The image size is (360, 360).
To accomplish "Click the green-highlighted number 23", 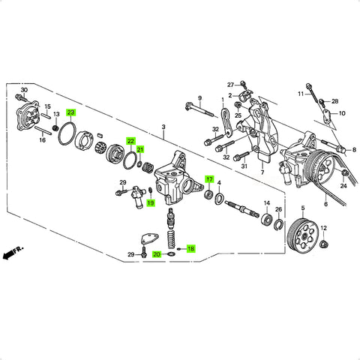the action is click(70, 112).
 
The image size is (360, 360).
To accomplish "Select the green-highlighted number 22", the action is click(131, 141).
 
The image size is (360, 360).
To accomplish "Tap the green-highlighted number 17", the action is click(209, 179).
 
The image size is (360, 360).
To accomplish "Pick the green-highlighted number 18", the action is click(190, 249).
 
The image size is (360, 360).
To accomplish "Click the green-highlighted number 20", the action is click(157, 254).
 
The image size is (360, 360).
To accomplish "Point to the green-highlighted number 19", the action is click(151, 202).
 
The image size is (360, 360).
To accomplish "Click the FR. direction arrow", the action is click(13, 253).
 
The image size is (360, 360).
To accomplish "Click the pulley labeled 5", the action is click(303, 234).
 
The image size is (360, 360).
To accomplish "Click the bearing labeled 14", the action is click(266, 219).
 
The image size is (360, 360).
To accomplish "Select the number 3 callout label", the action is click(163, 127).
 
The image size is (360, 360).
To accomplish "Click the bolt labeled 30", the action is click(20, 97).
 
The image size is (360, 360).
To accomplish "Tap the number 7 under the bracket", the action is click(262, 172).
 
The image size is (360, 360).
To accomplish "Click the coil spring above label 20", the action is click(171, 239).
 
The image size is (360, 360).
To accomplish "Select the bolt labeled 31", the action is click(241, 156).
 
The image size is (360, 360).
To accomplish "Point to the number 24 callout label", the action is click(343, 186).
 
